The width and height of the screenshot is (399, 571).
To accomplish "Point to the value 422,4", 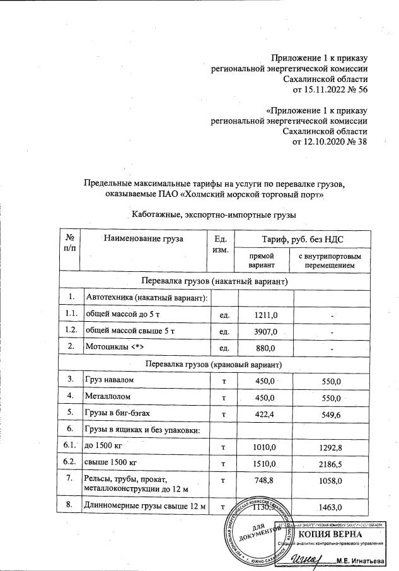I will [x=263, y=414].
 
